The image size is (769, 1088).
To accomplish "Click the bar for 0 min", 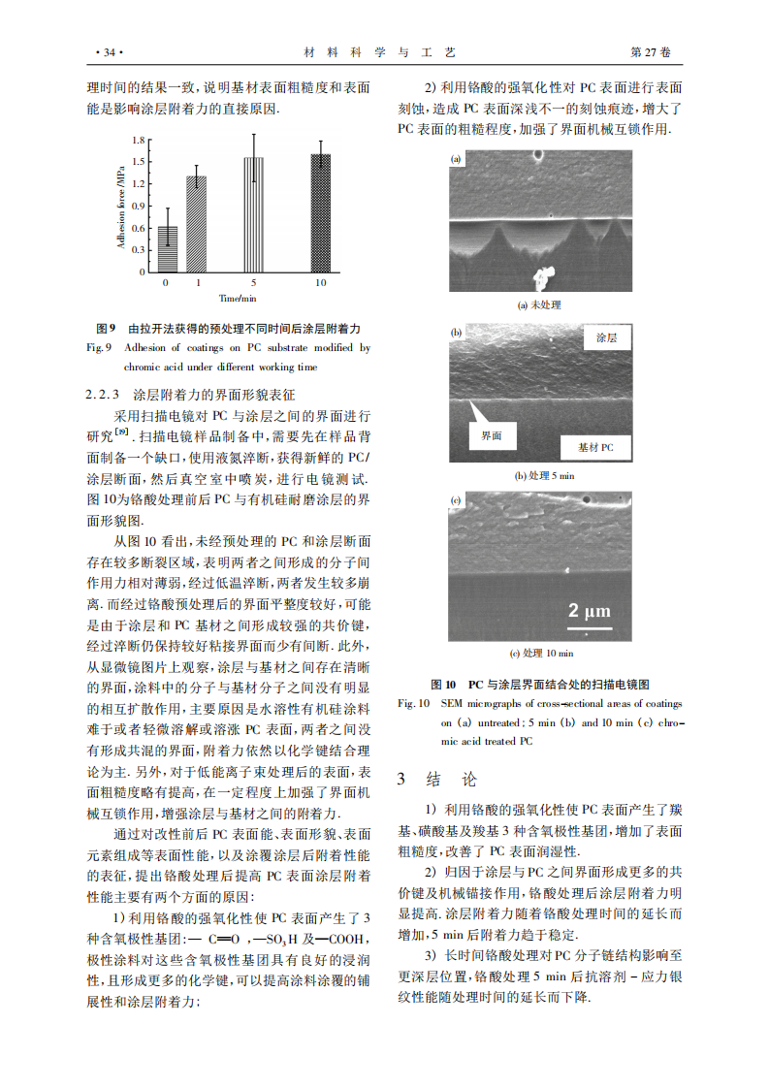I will coord(168,249).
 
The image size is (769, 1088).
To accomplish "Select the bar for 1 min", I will coord(197,224).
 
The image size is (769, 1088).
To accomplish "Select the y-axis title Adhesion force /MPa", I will coord(121,207).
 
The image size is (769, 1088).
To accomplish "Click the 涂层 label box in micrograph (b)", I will coord(606,338).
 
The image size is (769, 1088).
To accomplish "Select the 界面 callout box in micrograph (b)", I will coord(492,436).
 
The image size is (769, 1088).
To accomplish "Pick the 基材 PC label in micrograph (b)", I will coord(596,447).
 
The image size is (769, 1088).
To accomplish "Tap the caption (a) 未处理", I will coord(539,304).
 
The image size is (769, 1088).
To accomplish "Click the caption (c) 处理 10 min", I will coord(541,653).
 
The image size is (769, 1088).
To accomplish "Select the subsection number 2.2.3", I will coord(104,395).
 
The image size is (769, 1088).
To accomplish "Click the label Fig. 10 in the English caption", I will coord(414,703).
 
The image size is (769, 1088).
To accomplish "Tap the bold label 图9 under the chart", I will coord(106,330).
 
